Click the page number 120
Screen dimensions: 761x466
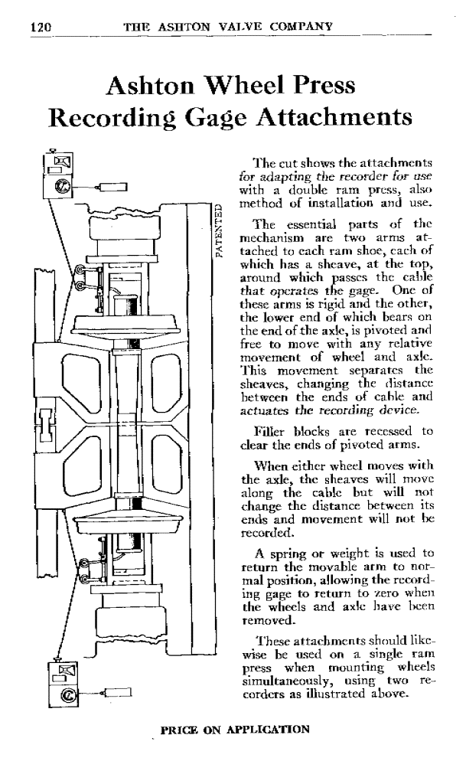pyautogui.click(x=38, y=26)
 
